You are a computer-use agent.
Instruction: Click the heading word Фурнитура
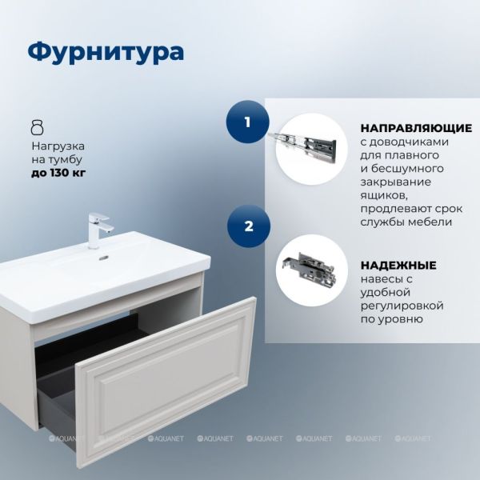click(x=106, y=52)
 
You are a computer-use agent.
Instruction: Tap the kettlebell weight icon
click(x=38, y=127)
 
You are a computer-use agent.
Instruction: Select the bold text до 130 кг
click(x=58, y=174)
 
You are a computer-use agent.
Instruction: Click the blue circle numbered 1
click(x=247, y=122)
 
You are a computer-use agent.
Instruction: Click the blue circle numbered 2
click(x=249, y=226)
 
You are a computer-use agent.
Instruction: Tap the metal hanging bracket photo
click(x=309, y=269)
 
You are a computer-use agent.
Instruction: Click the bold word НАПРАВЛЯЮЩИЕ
click(x=416, y=128)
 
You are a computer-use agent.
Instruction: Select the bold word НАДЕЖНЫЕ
click(x=398, y=265)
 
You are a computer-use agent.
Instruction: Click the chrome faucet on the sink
click(x=98, y=230)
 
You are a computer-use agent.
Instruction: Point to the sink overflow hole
click(x=103, y=258)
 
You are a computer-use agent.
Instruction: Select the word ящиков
click(x=383, y=196)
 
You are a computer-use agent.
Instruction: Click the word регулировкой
click(x=402, y=306)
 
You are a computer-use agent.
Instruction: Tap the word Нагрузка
click(x=58, y=146)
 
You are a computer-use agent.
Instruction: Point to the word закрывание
click(x=396, y=182)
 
